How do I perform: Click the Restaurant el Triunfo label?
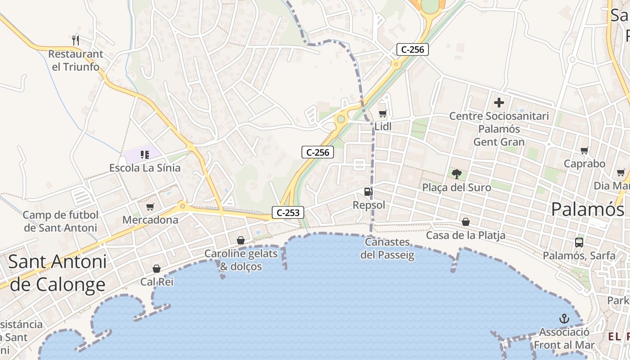click(x=76, y=60)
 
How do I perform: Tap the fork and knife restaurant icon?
click(x=76, y=40)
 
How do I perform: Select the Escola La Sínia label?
click(x=145, y=168)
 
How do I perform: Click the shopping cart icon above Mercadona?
click(x=150, y=207)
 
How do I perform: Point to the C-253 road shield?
click(x=288, y=212)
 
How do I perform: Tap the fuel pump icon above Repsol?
click(x=368, y=192)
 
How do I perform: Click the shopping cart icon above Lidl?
click(x=382, y=113)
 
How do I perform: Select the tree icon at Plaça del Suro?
click(x=457, y=174)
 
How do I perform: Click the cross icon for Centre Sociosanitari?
click(x=499, y=103)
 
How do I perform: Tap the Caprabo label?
click(x=585, y=164)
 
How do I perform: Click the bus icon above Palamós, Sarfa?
click(x=579, y=242)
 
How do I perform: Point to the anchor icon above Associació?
click(x=564, y=319)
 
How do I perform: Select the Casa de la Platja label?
click(x=466, y=235)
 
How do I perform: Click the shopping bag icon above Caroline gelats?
click(x=241, y=240)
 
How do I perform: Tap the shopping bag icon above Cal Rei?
click(x=157, y=269)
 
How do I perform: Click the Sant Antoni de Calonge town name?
click(x=58, y=273)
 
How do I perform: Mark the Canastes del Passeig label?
click(x=387, y=248)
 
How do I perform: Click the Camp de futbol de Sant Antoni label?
click(x=60, y=221)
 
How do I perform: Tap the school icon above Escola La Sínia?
click(x=144, y=155)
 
